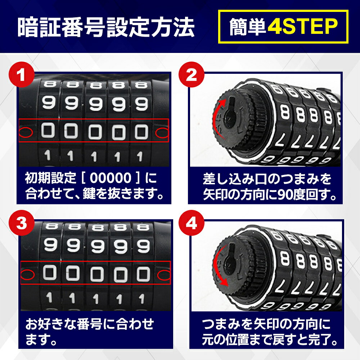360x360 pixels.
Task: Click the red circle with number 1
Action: point(22,75)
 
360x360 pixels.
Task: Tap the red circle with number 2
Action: point(192,75)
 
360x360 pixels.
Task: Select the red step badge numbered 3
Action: point(22,223)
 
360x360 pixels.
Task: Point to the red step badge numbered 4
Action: point(192,223)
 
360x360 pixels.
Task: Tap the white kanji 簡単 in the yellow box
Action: point(248,27)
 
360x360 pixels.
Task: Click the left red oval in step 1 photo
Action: point(26,132)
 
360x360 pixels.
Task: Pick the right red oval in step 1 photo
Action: point(162,133)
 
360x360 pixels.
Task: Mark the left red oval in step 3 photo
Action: point(27,274)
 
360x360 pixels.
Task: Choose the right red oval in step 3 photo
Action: point(164,275)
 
